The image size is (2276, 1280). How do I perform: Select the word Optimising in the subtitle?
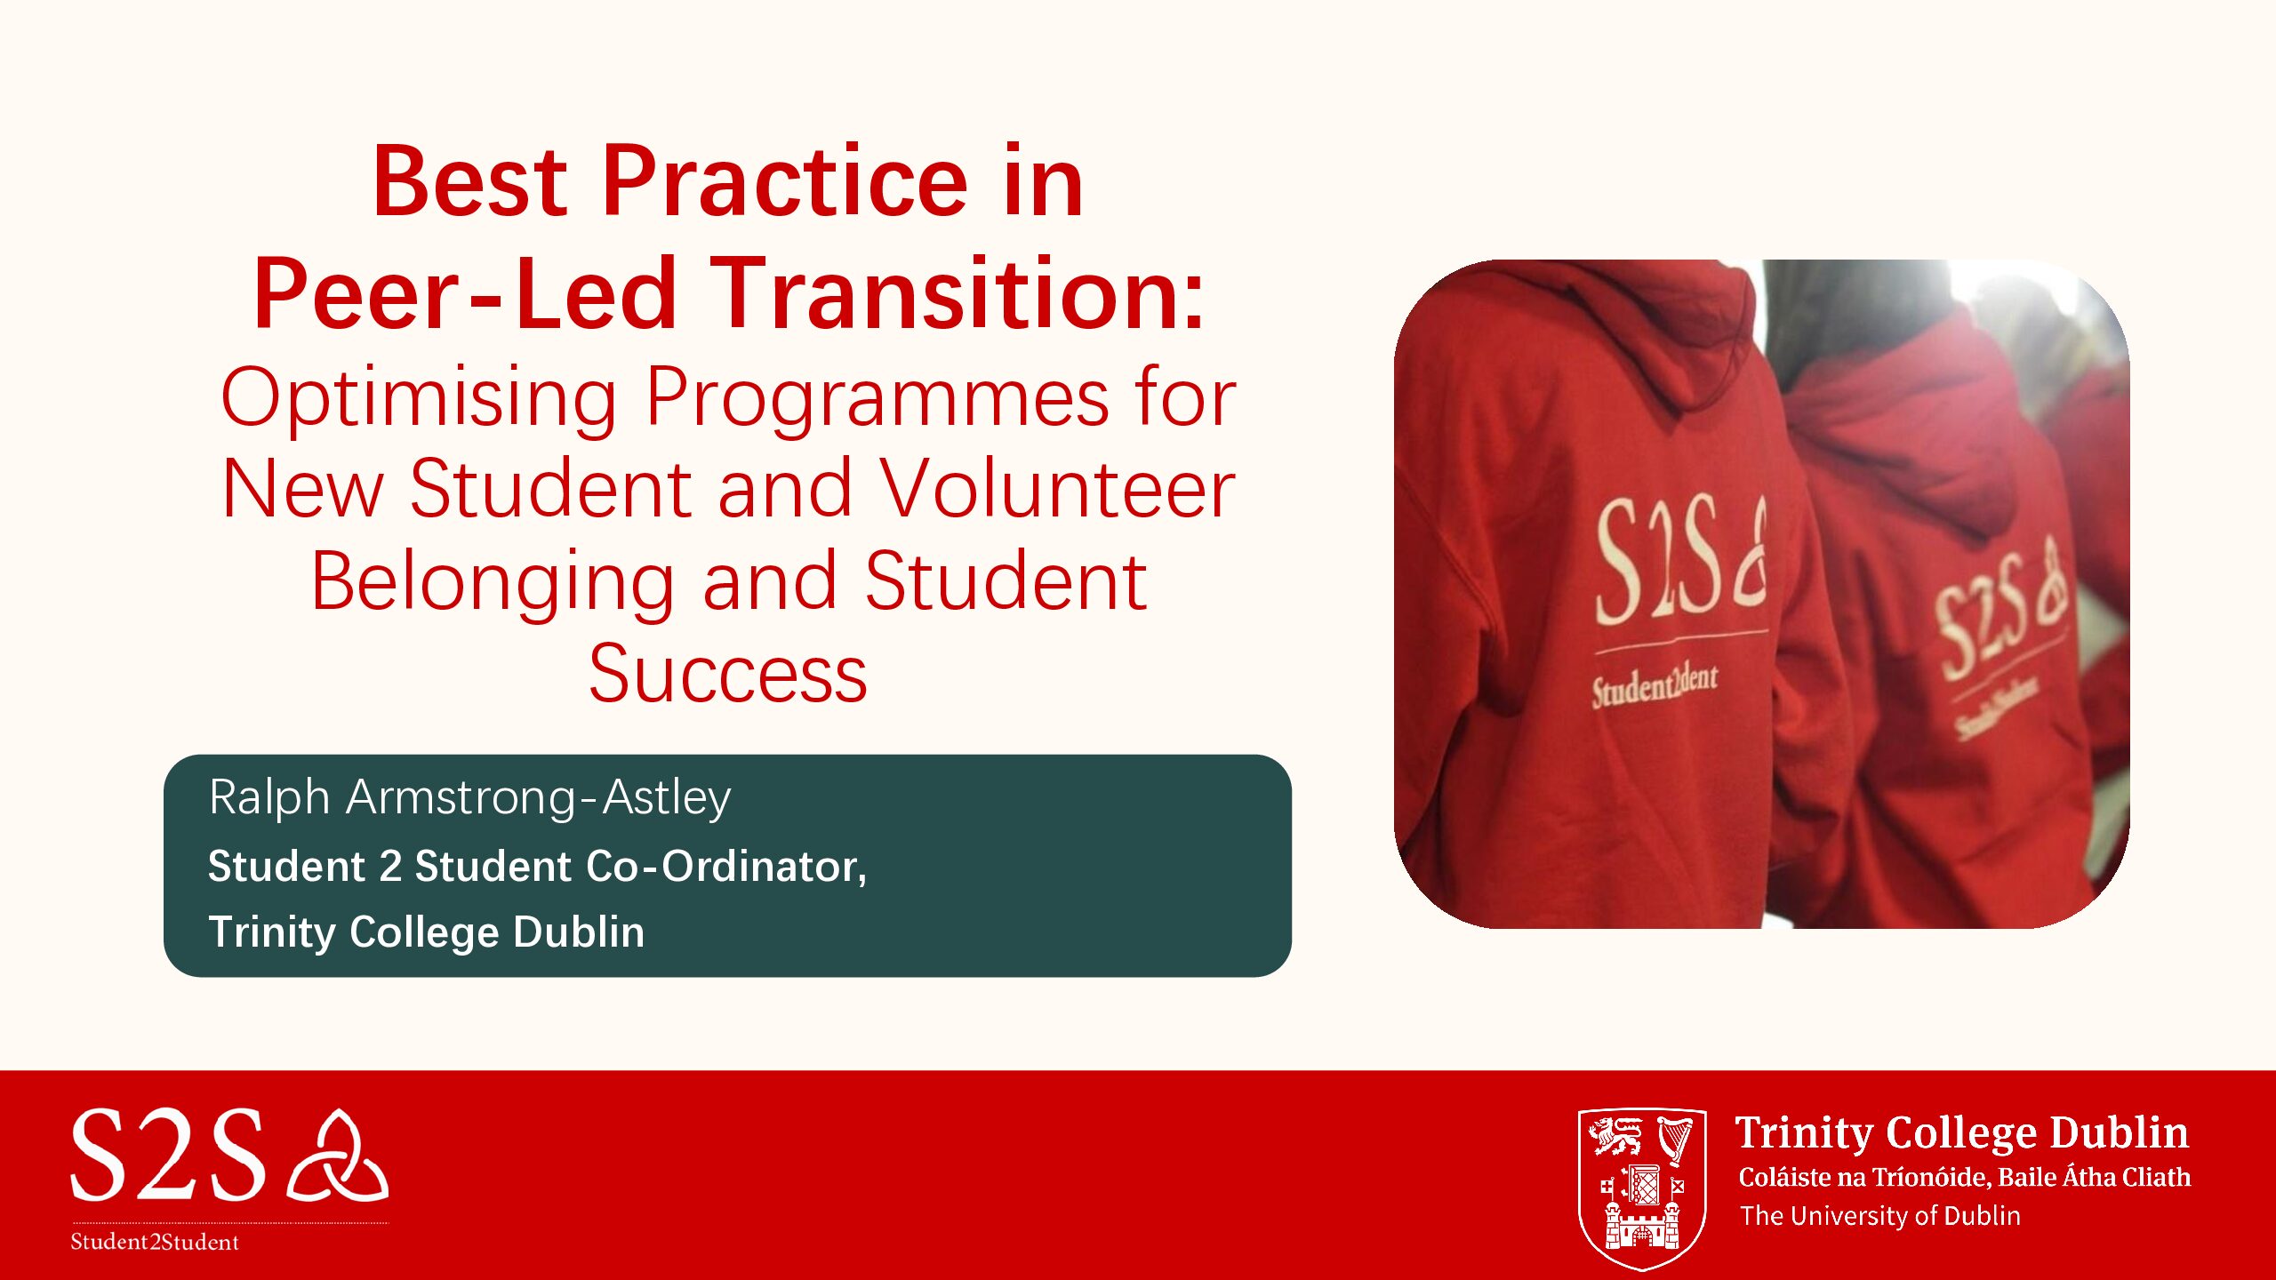418,398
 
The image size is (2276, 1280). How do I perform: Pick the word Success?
727,674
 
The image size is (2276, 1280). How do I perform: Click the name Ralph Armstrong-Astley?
469,797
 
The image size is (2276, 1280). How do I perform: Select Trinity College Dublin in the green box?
426,932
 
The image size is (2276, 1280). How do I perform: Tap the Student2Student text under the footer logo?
155,1242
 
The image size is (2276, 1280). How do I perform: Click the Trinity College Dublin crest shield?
1641,1188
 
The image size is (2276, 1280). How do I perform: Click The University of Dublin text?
1879,1215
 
